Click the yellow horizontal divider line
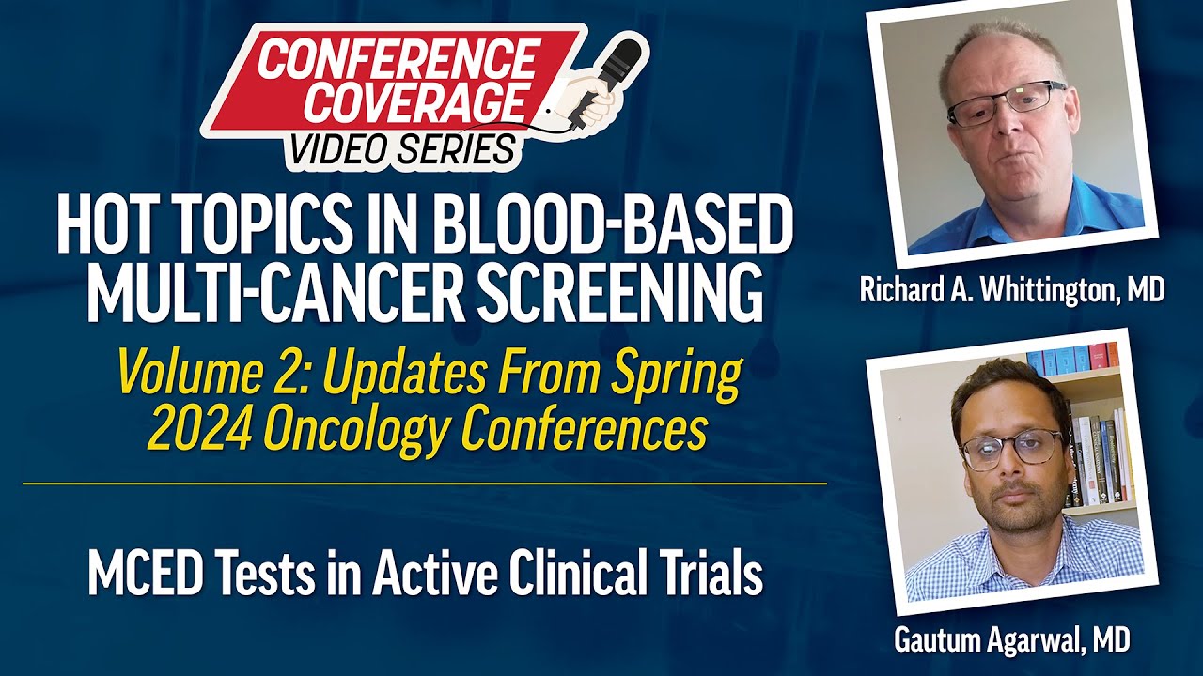(x=423, y=484)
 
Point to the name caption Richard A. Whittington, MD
(x=1012, y=290)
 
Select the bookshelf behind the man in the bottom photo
(x=1095, y=432)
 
